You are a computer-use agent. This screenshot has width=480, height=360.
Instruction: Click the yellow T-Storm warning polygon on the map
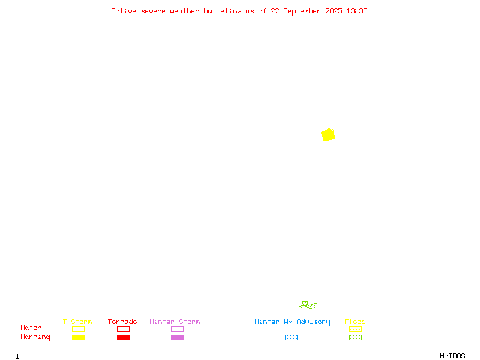pyautogui.click(x=328, y=134)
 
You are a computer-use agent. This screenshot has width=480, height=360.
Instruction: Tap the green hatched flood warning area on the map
pyautogui.click(x=308, y=305)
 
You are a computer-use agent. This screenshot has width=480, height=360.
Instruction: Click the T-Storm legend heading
pyautogui.click(x=77, y=322)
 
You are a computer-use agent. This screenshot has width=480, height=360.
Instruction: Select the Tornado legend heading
pyautogui.click(x=122, y=322)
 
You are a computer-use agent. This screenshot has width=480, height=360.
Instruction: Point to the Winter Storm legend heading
pyautogui.click(x=175, y=322)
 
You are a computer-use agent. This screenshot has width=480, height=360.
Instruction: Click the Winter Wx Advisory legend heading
pyautogui.click(x=292, y=322)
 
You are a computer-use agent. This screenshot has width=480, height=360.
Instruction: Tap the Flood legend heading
pyautogui.click(x=355, y=322)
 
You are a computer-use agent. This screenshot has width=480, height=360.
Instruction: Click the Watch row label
pyautogui.click(x=31, y=328)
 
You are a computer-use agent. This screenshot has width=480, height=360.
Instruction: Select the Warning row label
pyautogui.click(x=35, y=337)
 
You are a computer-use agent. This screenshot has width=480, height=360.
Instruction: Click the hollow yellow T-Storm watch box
pyautogui.click(x=79, y=329)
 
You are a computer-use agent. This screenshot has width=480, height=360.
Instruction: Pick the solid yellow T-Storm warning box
pyautogui.click(x=79, y=337)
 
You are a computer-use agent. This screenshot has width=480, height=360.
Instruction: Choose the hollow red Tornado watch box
pyautogui.click(x=124, y=329)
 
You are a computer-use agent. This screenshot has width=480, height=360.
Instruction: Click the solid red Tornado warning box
pyautogui.click(x=124, y=337)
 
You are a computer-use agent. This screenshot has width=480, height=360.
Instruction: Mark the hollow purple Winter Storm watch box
pyautogui.click(x=177, y=329)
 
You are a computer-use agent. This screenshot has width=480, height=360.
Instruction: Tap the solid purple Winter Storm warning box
pyautogui.click(x=177, y=337)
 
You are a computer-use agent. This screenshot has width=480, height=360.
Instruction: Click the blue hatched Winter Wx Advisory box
pyautogui.click(x=291, y=337)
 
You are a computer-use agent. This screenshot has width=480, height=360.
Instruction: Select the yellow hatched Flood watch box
pyautogui.click(x=355, y=329)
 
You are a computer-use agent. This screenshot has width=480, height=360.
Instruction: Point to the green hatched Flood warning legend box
pyautogui.click(x=355, y=337)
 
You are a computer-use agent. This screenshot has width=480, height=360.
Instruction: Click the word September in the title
pyautogui.click(x=302, y=11)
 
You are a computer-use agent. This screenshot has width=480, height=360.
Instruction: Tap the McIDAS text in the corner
pyautogui.click(x=452, y=356)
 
